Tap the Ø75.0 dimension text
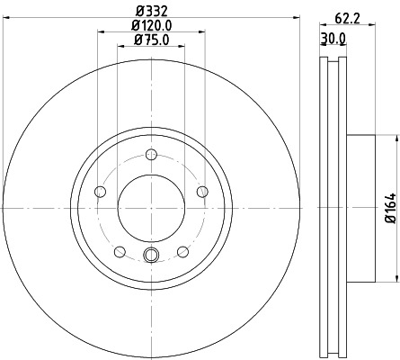(150, 40)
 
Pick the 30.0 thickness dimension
(334, 38)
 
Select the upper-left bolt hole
(101, 191)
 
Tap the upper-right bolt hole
(201, 190)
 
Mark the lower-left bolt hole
(120, 250)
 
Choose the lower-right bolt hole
(182, 250)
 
